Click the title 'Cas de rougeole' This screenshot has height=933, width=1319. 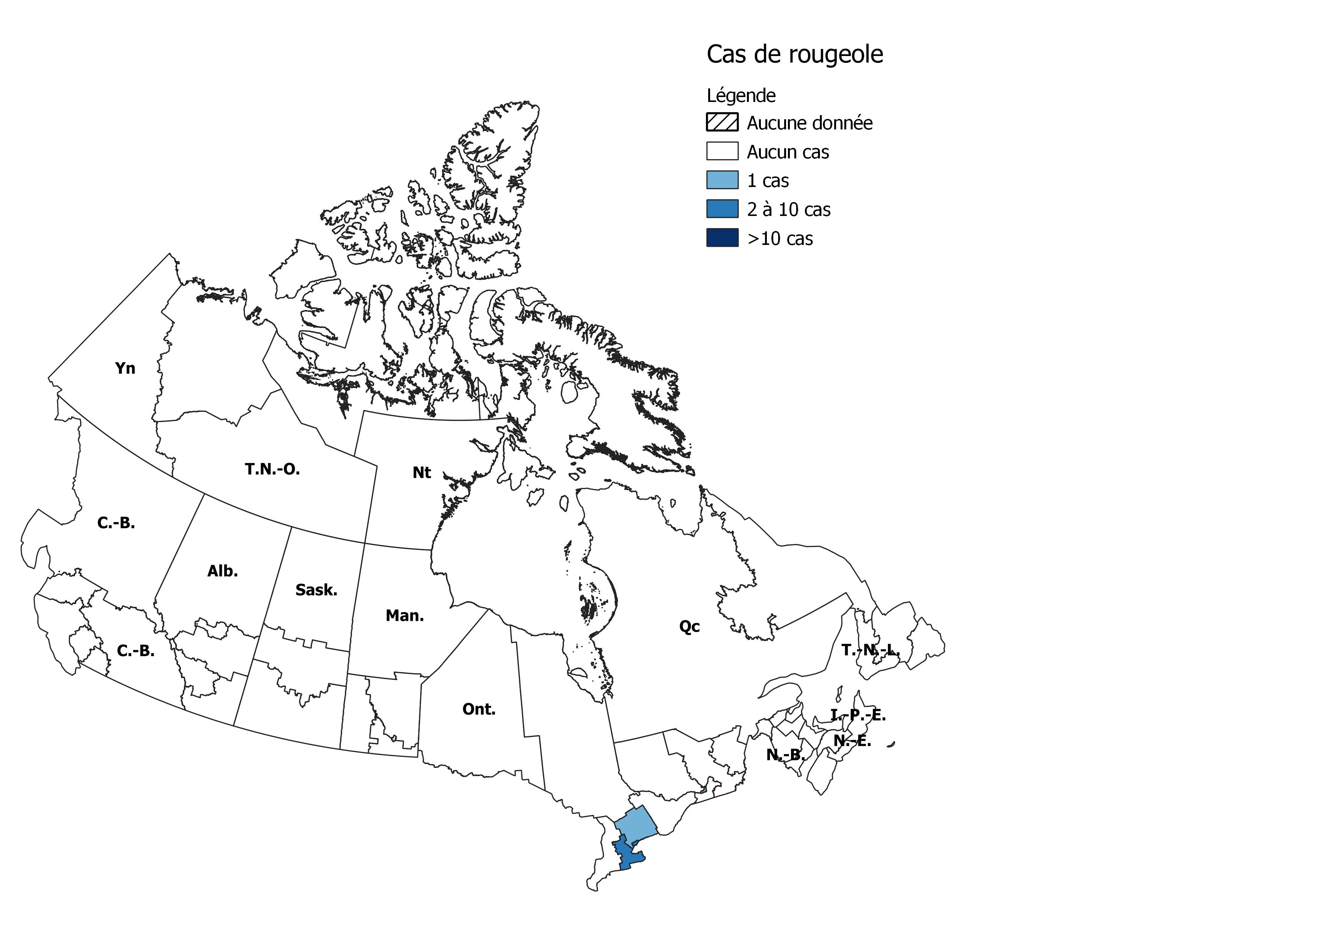pyautogui.click(x=794, y=55)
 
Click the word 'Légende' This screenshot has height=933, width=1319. pyautogui.click(x=741, y=95)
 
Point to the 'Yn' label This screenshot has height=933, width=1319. pyautogui.click(x=125, y=368)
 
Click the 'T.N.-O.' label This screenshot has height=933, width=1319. pyautogui.click(x=272, y=470)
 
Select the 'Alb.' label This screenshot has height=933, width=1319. pyautogui.click(x=222, y=571)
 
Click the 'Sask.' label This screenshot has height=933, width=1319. pyautogui.click(x=316, y=590)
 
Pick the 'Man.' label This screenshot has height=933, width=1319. pyautogui.click(x=404, y=616)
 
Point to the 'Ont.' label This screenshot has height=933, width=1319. pyautogui.click(x=478, y=710)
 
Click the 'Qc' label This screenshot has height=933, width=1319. pyautogui.click(x=689, y=626)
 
